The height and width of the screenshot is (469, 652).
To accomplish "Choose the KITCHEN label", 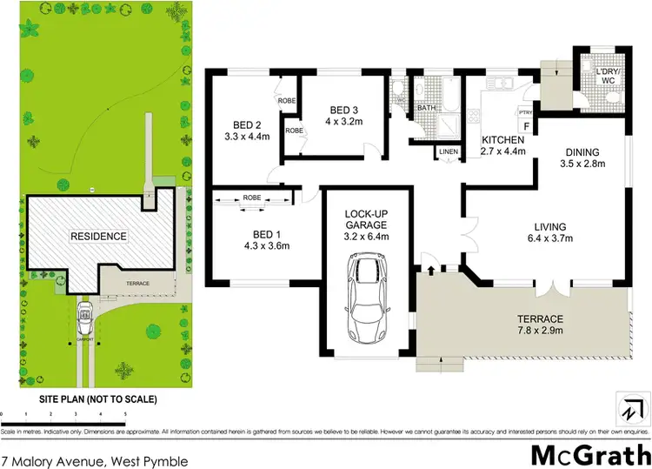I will point(503,139).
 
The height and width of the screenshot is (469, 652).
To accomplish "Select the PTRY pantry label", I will point(524,112).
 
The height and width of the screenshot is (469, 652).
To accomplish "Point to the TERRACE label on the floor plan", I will point(539,318).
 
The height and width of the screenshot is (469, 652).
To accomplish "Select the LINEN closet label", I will point(448,151).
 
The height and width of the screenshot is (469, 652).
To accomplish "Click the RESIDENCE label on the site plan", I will point(99,236).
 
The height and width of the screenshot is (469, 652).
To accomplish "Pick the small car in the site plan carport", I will point(84,318).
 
